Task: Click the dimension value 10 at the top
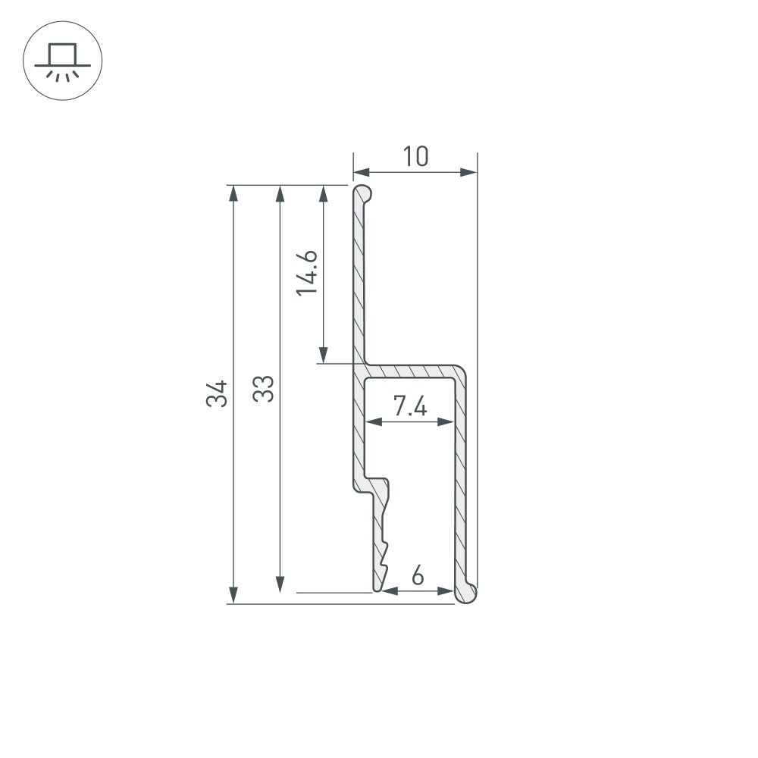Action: point(415,156)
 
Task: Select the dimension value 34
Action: point(218,394)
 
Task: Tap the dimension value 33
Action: point(263,388)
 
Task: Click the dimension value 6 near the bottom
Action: point(418,577)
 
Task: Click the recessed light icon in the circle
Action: point(63,61)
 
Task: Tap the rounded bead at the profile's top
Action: point(364,194)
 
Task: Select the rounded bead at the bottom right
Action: point(468,594)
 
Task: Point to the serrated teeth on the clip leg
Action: point(384,557)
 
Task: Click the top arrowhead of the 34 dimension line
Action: point(234,193)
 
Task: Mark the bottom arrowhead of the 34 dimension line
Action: point(234,596)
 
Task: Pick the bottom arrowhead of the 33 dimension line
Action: point(280,584)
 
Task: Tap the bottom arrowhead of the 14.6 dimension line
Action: point(324,355)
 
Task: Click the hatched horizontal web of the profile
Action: point(413,371)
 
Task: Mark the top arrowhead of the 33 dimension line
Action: point(280,193)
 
